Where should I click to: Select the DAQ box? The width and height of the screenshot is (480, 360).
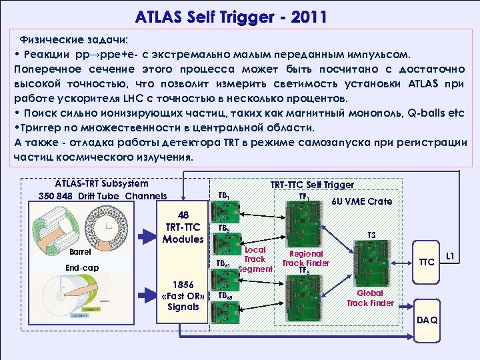pyautogui.click(x=427, y=321)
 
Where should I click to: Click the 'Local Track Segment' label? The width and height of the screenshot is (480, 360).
pyautogui.click(x=255, y=259)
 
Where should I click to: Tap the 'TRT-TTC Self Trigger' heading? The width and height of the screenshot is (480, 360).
pyautogui.click(x=312, y=185)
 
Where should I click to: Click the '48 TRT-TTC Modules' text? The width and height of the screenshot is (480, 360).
pyautogui.click(x=183, y=227)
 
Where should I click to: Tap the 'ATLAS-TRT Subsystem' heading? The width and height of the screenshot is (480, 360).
pyautogui.click(x=101, y=183)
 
